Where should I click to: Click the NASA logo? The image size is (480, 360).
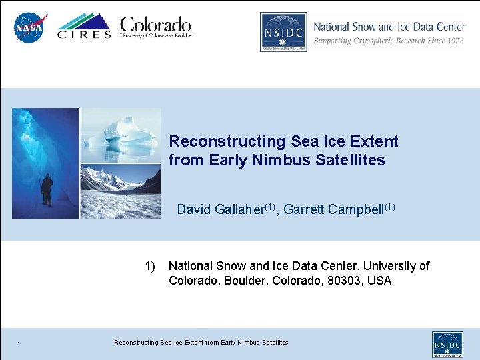click(x=29, y=28)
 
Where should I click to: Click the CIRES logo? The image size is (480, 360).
click(x=84, y=27)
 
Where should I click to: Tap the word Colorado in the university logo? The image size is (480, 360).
click(x=155, y=25)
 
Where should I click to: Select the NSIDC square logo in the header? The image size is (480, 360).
click(x=283, y=32)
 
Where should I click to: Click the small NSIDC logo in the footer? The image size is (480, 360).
click(x=447, y=344)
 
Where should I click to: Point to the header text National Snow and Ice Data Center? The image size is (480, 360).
click(x=389, y=27)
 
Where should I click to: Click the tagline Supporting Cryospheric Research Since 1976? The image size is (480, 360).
click(x=389, y=41)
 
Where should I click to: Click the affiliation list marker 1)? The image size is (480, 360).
click(x=150, y=266)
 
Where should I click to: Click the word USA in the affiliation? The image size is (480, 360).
click(x=379, y=281)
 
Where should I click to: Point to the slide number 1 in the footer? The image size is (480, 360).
click(x=20, y=343)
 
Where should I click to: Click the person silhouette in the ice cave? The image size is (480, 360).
click(x=47, y=190)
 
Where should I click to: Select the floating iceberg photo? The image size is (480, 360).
click(x=121, y=136)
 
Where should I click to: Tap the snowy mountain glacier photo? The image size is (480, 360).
click(x=121, y=191)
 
